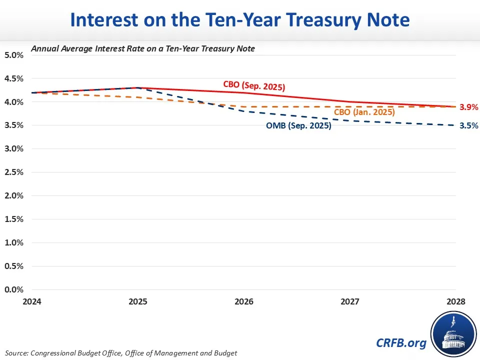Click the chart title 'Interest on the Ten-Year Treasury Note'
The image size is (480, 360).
pos(240,20)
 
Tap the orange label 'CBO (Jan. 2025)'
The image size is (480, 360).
pos(364,112)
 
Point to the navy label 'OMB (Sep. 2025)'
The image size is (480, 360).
pos(298,126)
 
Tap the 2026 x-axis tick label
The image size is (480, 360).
pos(243,302)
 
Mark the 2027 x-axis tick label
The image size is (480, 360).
pos(349,302)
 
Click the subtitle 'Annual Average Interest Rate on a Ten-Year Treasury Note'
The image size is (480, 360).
pos(143,48)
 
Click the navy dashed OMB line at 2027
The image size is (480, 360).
pos(349,120)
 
